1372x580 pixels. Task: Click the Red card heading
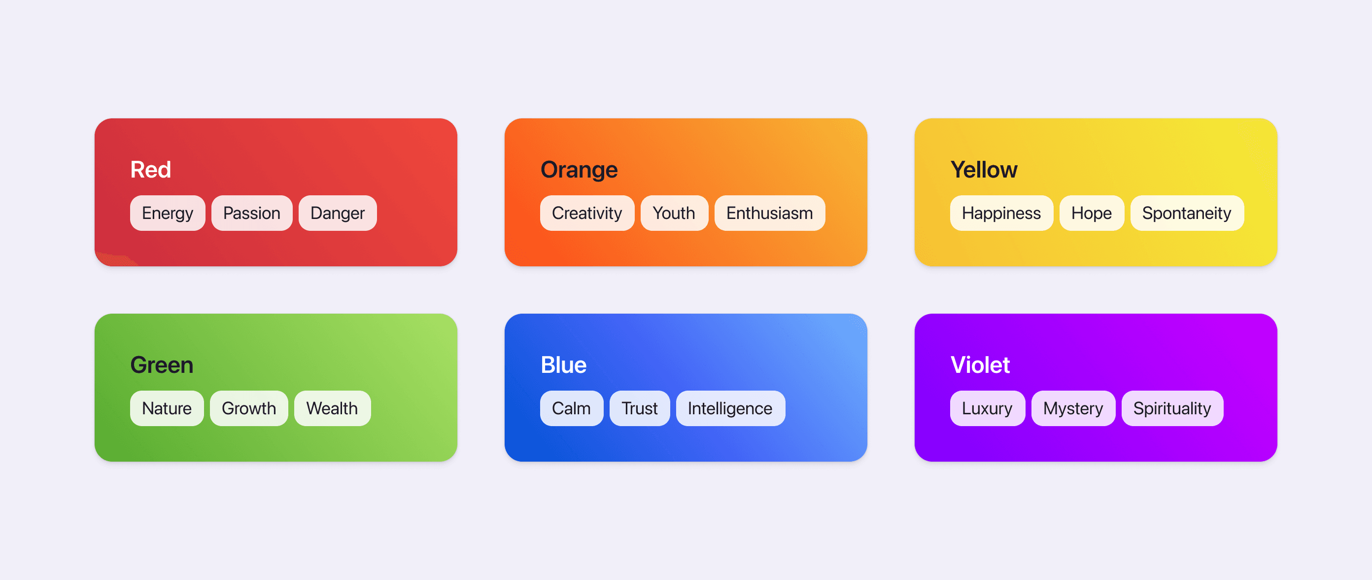(x=151, y=170)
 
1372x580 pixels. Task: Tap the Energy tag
(x=167, y=213)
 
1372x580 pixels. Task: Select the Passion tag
(x=251, y=213)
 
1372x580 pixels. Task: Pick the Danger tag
(x=337, y=213)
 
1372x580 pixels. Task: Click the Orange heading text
(x=579, y=170)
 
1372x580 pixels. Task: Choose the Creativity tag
(x=586, y=213)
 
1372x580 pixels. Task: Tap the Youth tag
(x=674, y=213)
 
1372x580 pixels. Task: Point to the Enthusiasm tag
(x=769, y=213)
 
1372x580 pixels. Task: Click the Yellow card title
(x=984, y=170)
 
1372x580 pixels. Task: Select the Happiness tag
(x=1001, y=213)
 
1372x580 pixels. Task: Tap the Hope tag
(x=1091, y=213)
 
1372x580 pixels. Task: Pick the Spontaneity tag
(x=1186, y=213)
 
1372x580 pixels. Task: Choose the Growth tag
(x=249, y=408)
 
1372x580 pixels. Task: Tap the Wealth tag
(x=332, y=408)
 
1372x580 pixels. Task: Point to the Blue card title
(x=563, y=365)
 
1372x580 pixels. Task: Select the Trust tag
(x=639, y=408)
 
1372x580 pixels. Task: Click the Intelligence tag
(x=730, y=408)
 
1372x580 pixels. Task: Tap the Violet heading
(x=980, y=365)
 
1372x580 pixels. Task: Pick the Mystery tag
(x=1073, y=408)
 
